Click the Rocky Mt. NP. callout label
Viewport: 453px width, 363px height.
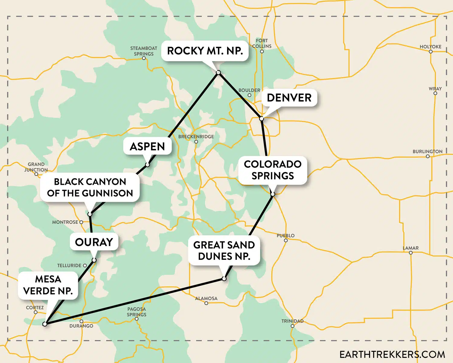(205, 51)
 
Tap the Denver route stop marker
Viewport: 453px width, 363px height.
(262, 119)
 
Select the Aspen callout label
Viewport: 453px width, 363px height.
(147, 146)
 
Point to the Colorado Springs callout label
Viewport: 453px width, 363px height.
(273, 170)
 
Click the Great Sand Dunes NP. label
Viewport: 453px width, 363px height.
(224, 250)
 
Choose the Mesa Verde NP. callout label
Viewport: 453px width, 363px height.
(48, 285)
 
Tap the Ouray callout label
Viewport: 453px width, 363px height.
(94, 242)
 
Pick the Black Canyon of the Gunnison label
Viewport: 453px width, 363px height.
(90, 187)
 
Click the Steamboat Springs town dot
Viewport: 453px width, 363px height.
(144, 58)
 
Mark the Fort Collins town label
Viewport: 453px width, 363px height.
(262, 43)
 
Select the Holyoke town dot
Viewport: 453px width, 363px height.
(431, 52)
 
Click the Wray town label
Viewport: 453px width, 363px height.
(435, 89)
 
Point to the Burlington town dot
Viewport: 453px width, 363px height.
(428, 156)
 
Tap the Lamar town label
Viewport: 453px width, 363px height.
(411, 248)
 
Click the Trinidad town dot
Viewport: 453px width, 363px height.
(292, 326)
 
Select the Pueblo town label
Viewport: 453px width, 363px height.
(286, 235)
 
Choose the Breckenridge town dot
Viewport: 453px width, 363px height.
(196, 142)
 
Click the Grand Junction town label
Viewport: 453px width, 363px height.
(36, 167)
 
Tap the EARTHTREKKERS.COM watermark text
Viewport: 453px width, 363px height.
(392, 354)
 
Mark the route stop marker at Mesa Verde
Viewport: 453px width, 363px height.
(45, 324)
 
